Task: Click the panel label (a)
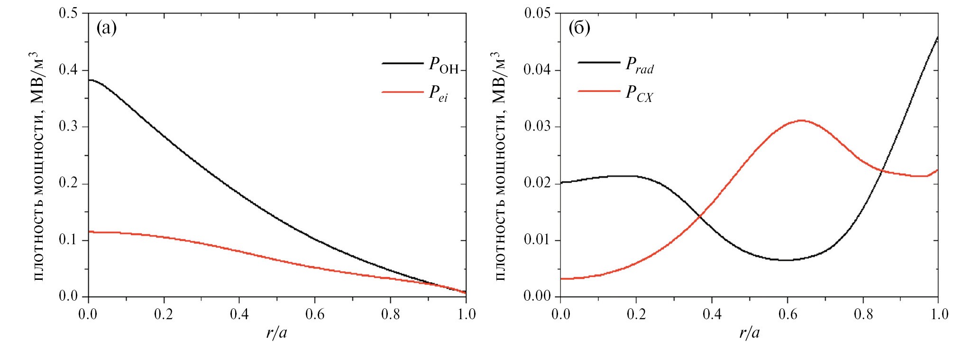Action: (x=106, y=28)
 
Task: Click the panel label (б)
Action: (x=579, y=28)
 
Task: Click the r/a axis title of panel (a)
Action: (x=277, y=333)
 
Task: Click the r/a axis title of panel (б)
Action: (x=750, y=333)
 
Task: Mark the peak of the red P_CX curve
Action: (x=801, y=120)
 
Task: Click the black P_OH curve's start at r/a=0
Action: (x=89, y=80)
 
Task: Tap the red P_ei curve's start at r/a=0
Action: (x=89, y=232)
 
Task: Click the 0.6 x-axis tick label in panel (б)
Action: (x=788, y=314)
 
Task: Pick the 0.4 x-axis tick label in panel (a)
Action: (x=239, y=314)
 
